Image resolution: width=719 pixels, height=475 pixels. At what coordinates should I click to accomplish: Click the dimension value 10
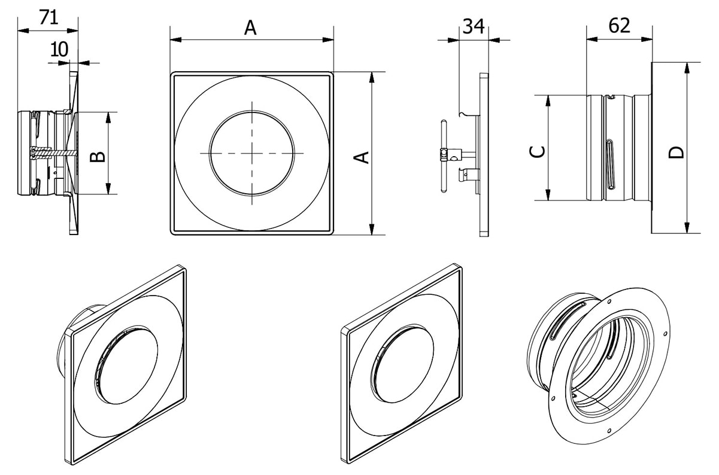pos(59,49)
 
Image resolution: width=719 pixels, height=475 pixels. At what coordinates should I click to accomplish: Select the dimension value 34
pos(474,26)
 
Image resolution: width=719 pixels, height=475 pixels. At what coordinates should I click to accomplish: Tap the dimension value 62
pos(619,26)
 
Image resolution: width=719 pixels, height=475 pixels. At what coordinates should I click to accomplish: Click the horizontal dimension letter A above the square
pos(250,28)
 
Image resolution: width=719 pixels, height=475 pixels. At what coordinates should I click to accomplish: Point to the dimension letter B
pos(98,157)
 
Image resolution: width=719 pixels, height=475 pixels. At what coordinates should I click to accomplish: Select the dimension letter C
pos(538,151)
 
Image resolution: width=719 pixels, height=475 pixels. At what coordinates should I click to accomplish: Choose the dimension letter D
pos(676,151)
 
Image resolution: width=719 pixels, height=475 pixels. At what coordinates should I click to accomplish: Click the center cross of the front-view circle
pos(252,153)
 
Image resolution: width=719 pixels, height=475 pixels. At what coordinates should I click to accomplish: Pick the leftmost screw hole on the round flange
pos(553,397)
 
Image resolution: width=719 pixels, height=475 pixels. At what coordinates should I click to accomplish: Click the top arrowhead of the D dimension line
pos(687,66)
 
